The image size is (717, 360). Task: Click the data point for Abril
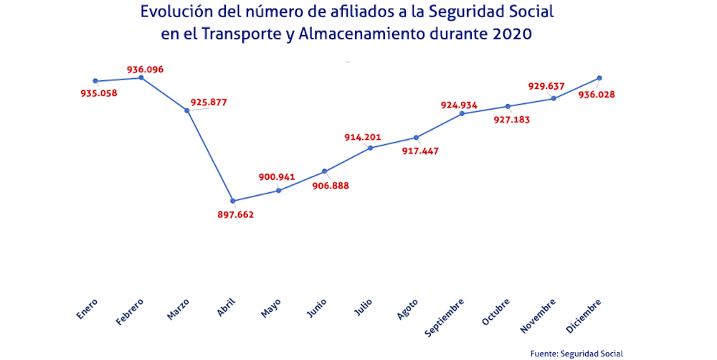click(233, 201)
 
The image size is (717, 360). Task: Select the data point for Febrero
click(141, 77)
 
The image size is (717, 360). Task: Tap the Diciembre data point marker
click(599, 77)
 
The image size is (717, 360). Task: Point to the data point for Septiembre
click(462, 113)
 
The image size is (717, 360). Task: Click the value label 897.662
click(235, 214)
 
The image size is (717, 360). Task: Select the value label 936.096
click(146, 70)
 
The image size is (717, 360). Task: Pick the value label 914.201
click(363, 137)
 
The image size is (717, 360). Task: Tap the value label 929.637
click(546, 86)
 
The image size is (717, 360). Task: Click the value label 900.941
click(277, 177)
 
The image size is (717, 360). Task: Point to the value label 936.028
click(597, 94)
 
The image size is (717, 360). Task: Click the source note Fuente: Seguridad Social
click(576, 353)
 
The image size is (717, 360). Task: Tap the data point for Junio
click(325, 171)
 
